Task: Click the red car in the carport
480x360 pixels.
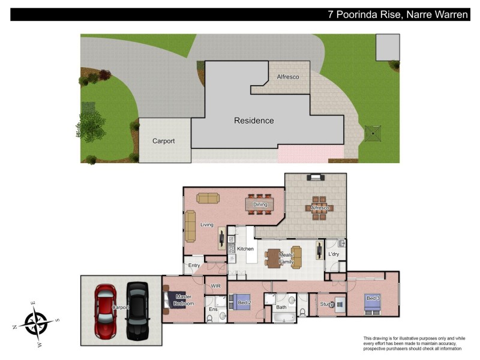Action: pyautogui.click(x=105, y=311)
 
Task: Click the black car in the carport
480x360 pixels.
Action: pyautogui.click(x=136, y=310)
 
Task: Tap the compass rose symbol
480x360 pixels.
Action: pyautogui.click(x=37, y=323)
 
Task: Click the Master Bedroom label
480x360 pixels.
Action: pyautogui.click(x=184, y=300)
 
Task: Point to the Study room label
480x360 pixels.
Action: pyautogui.click(x=326, y=304)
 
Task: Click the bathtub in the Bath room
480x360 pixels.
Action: pyautogui.click(x=281, y=316)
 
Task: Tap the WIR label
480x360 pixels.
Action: pyautogui.click(x=215, y=286)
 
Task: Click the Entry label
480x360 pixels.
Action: pyautogui.click(x=194, y=265)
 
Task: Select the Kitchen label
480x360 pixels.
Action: pyautogui.click(x=245, y=248)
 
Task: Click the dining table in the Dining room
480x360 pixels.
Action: pyautogui.click(x=260, y=205)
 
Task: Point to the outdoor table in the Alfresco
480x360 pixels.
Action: pyautogui.click(x=319, y=208)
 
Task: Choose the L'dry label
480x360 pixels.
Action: pyautogui.click(x=334, y=254)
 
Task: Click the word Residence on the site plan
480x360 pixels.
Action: pyautogui.click(x=254, y=121)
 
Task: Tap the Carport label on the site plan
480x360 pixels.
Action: pyautogui.click(x=163, y=141)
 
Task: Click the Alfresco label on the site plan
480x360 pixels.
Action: pyautogui.click(x=287, y=77)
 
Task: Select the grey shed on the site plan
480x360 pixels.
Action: pyautogui.click(x=388, y=47)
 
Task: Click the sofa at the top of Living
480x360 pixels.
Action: pyautogui.click(x=208, y=198)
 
